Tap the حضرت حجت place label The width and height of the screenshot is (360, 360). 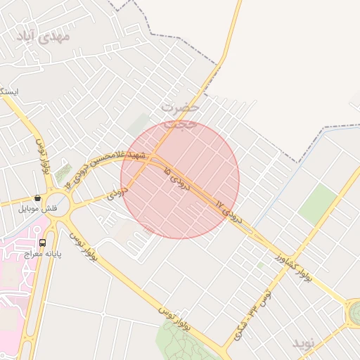tap(179, 115)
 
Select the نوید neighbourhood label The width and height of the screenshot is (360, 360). tap(306, 343)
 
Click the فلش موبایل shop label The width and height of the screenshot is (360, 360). tap(39, 210)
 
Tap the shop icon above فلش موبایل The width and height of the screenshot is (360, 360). tap(37, 198)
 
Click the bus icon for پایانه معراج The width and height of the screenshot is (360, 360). tap(43, 243)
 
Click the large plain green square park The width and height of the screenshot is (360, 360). tap(318, 203)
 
